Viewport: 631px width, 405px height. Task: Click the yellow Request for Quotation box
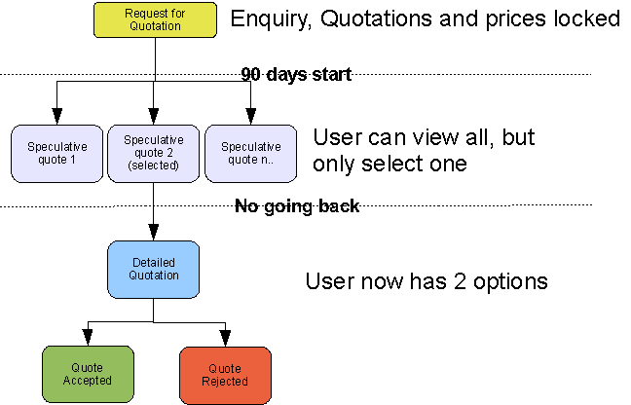[155, 19]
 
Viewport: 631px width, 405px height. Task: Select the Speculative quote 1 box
[56, 153]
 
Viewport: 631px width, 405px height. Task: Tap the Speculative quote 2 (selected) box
[154, 153]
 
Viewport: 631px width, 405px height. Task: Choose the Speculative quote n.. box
[251, 153]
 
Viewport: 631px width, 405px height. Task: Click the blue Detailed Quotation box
[154, 269]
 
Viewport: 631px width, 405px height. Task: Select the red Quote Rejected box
[225, 374]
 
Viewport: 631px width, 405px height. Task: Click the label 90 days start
[296, 74]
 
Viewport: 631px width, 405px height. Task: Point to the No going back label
[297, 205]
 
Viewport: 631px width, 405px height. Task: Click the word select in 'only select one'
[394, 164]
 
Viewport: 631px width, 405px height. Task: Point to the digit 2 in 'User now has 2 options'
[457, 282]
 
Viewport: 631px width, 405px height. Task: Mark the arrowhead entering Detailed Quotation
[154, 235]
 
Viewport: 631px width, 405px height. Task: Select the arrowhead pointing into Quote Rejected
[225, 340]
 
